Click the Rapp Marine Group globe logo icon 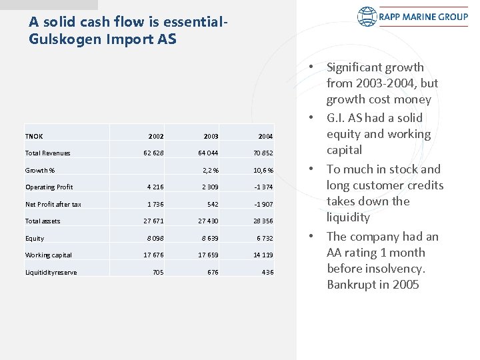367,16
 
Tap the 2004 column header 265,136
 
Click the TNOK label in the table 34,136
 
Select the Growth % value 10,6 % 262,170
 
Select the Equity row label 35,238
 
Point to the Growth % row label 40,170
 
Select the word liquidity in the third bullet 348,217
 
